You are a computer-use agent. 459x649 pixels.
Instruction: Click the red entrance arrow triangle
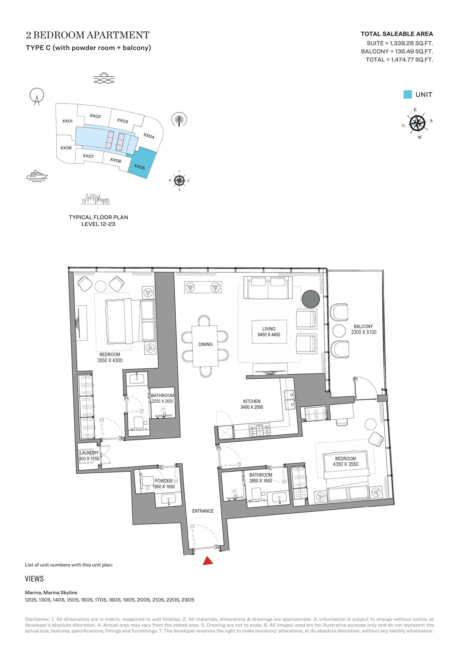click(208, 561)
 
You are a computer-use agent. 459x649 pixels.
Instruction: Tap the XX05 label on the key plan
click(139, 167)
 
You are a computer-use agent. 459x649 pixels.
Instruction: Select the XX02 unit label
click(95, 116)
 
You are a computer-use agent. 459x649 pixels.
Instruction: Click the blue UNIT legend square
click(408, 94)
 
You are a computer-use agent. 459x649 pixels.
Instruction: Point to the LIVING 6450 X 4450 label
click(269, 332)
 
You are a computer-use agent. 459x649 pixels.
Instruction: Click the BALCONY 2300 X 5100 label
click(364, 329)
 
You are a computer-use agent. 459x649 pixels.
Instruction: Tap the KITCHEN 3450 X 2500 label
click(251, 404)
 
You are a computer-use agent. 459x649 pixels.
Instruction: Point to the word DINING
click(205, 344)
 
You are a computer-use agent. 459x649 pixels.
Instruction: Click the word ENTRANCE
click(203, 511)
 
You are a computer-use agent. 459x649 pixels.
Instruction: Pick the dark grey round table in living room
click(311, 299)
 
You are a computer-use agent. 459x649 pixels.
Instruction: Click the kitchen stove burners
click(259, 431)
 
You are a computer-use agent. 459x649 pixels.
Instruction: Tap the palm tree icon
click(179, 120)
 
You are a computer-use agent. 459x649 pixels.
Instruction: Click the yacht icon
click(37, 176)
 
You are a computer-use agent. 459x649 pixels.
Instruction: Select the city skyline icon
click(96, 199)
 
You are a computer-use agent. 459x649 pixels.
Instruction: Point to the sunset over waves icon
click(104, 78)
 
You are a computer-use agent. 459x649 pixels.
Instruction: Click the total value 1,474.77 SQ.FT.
click(412, 60)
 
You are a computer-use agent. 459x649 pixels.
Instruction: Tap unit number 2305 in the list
click(188, 600)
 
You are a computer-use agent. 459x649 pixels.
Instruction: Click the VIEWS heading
click(34, 579)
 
